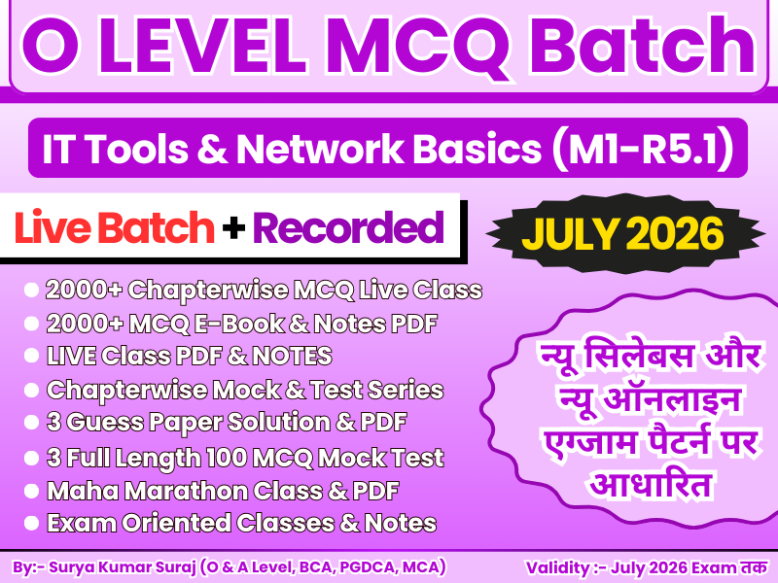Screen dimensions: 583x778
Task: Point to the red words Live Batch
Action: (115, 228)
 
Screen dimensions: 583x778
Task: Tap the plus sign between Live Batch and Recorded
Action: (233, 229)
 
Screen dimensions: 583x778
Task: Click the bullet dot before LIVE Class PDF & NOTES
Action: (31, 356)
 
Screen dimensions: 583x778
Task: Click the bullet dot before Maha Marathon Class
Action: (31, 490)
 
